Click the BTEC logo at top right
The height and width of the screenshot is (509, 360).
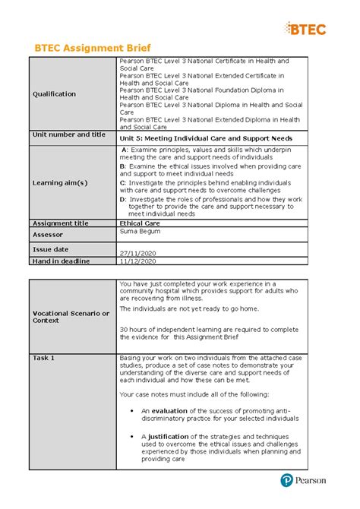[x=306, y=29]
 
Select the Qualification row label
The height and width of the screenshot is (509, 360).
[x=53, y=94]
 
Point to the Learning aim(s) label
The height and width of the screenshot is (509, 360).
[x=60, y=183]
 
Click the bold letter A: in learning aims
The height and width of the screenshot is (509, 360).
[x=125, y=151]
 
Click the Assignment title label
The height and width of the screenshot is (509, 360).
[x=60, y=223]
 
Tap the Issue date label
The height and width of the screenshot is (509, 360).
[x=49, y=248]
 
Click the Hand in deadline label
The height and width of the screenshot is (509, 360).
[x=60, y=261]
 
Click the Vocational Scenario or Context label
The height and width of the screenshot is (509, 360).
[x=70, y=317]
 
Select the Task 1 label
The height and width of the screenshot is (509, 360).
[x=43, y=357]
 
